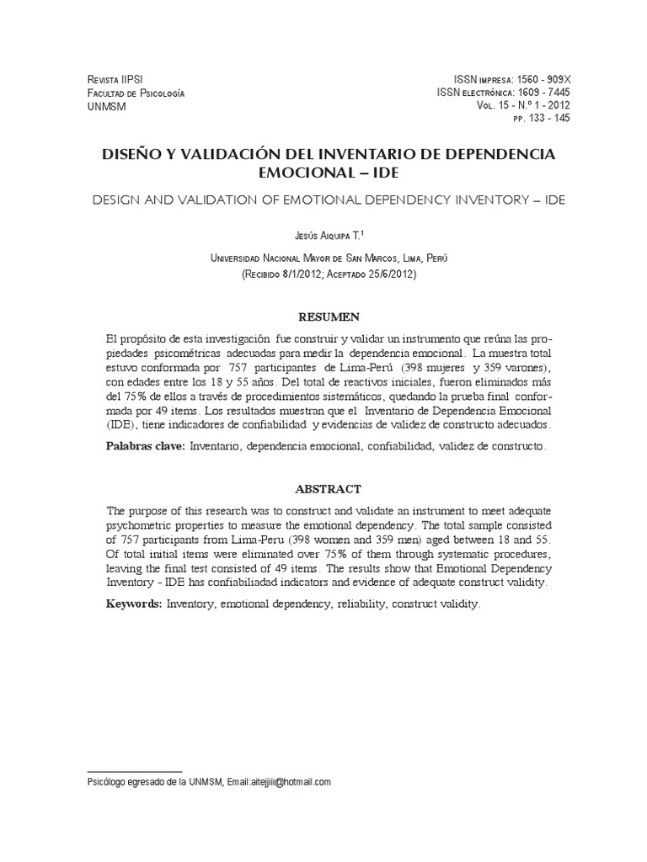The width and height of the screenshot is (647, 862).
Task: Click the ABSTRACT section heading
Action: (329, 489)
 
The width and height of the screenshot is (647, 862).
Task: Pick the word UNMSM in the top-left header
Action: (105, 105)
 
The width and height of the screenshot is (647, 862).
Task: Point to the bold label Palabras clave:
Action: (146, 445)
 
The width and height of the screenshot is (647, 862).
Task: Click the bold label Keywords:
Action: (134, 604)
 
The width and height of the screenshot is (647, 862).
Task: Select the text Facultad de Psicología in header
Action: (136, 92)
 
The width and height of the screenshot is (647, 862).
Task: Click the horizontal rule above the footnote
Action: (135, 771)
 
